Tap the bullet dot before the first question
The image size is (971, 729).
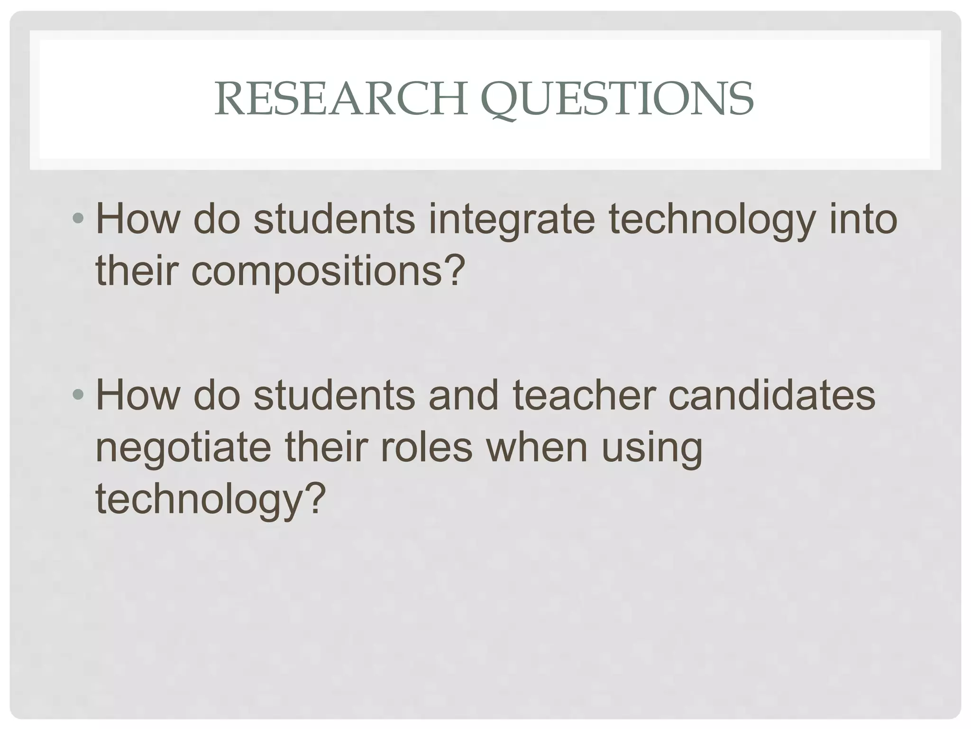pyautogui.click(x=78, y=219)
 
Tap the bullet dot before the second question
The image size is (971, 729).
pyautogui.click(x=78, y=395)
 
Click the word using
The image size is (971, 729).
pyautogui.click(x=652, y=449)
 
